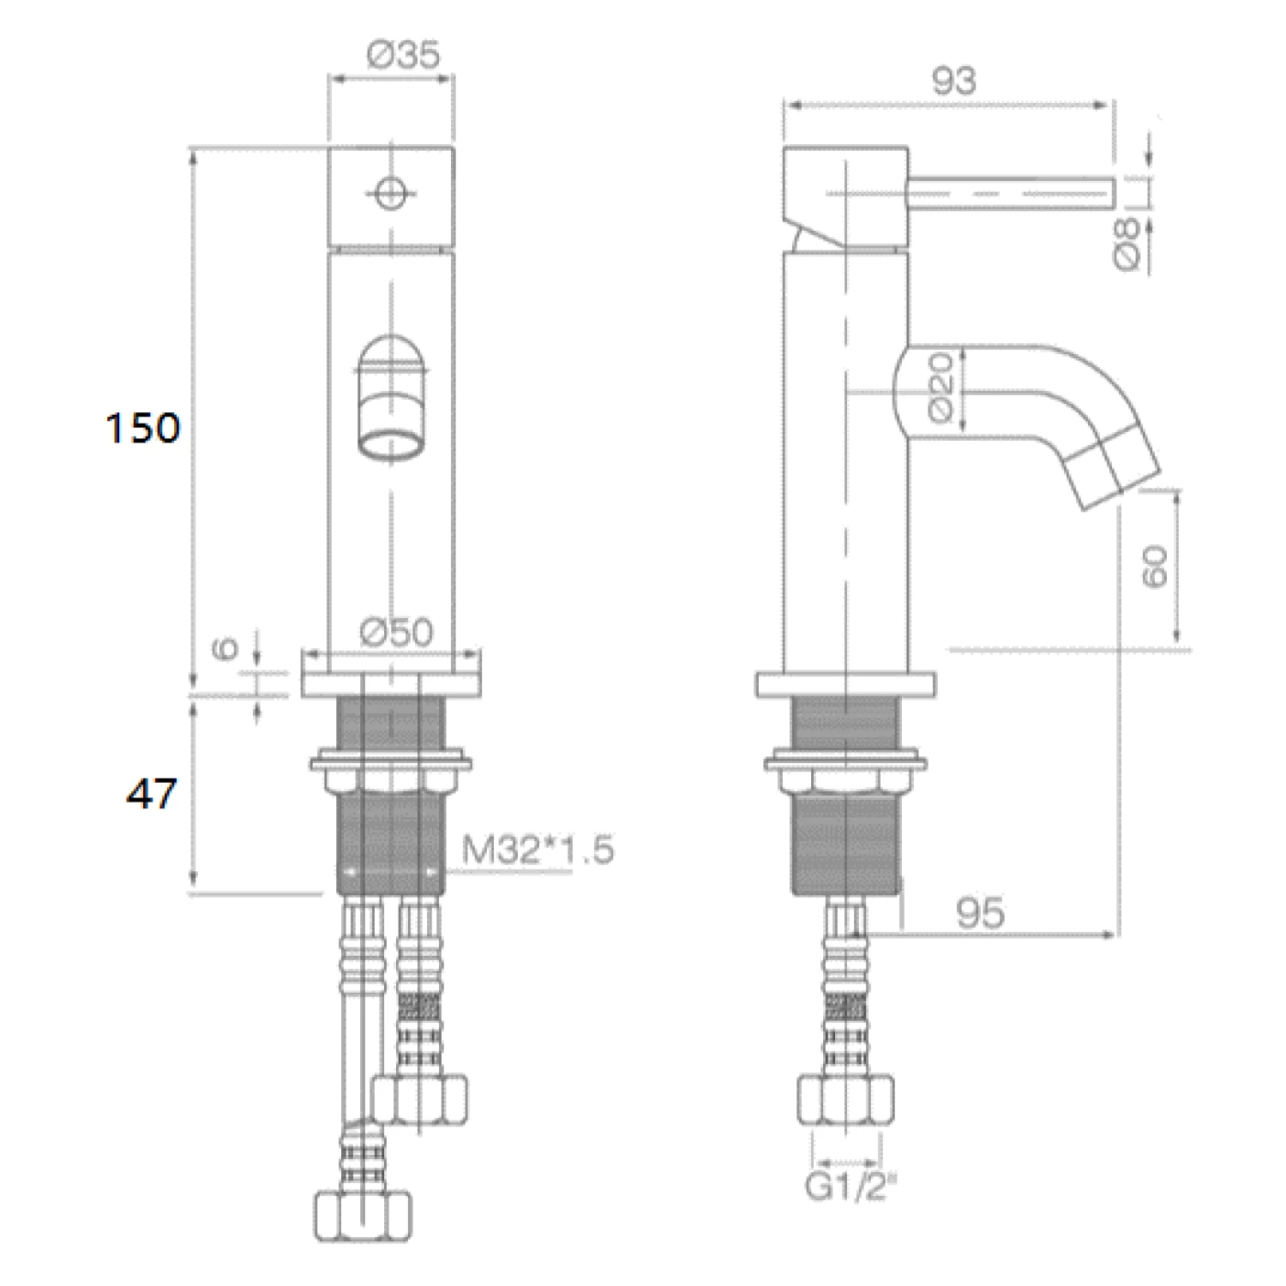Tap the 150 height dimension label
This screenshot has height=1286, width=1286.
[142, 427]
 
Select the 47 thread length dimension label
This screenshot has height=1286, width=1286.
[151, 793]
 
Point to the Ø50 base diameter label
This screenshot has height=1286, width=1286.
[397, 632]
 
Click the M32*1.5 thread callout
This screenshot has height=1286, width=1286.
[538, 850]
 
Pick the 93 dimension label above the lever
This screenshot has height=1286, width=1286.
[953, 81]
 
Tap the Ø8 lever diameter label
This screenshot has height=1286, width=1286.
[1129, 243]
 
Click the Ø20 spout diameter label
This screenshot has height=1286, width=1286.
[940, 388]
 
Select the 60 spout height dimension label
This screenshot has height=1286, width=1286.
[1156, 566]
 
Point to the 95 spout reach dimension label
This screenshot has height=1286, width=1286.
[979, 912]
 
